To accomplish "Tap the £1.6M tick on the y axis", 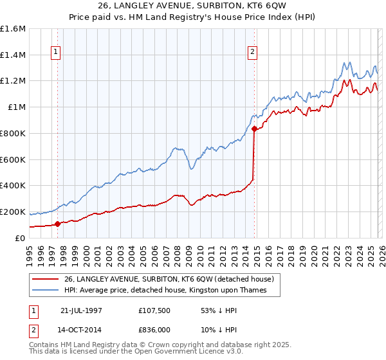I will pos(13,29).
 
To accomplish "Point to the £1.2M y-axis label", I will pos(13,81).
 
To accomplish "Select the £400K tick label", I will pos(13,185).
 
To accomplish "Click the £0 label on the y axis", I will pos(21,238).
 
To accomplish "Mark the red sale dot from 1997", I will pos(58,224).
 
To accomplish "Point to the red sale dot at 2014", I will pos(254,129).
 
